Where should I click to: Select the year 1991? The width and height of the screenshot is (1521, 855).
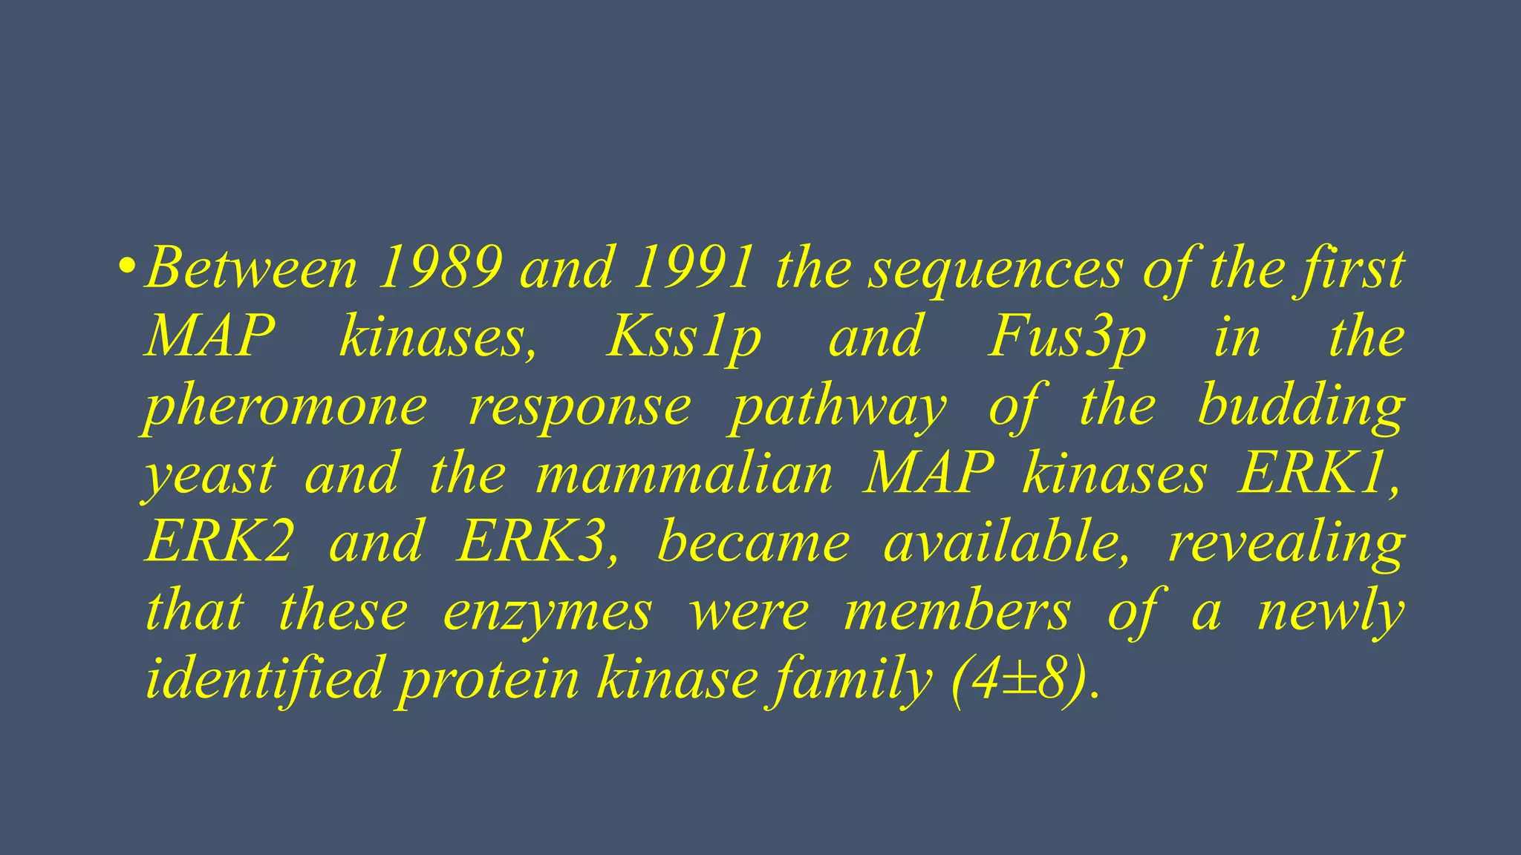coord(694,269)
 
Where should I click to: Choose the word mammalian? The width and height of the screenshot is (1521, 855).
coord(684,475)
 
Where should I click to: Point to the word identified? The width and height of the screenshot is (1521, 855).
coord(264,678)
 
